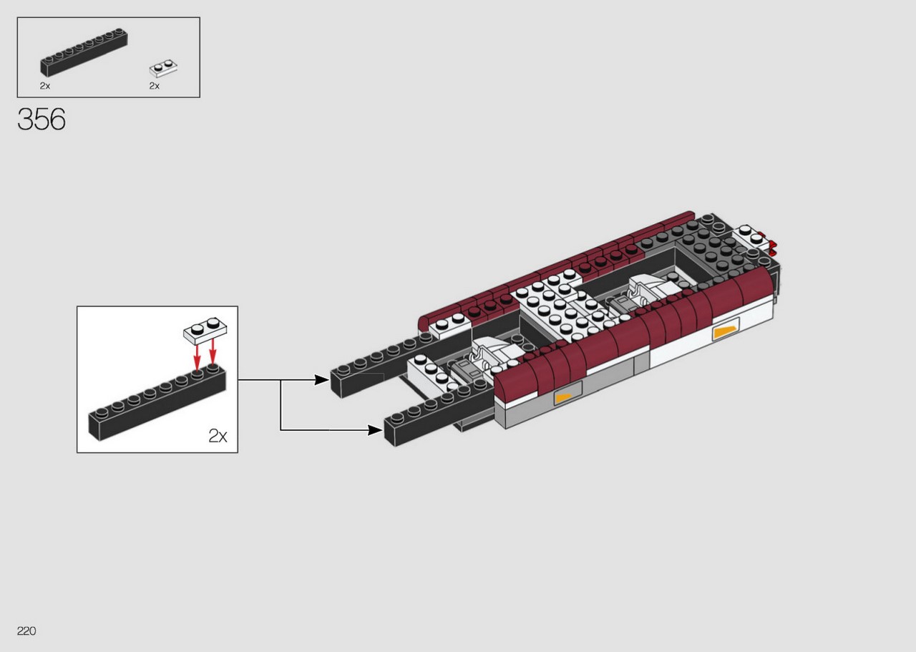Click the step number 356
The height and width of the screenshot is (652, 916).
[x=42, y=120]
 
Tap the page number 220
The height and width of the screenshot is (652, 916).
[x=26, y=631]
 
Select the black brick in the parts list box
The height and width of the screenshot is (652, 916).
[x=84, y=52]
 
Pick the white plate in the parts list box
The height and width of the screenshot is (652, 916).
[x=163, y=69]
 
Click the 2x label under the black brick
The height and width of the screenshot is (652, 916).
[x=45, y=86]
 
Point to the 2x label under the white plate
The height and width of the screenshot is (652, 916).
[x=154, y=86]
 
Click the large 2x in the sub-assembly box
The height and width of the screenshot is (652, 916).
[x=218, y=436]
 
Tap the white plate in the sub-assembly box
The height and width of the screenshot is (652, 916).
[x=205, y=330]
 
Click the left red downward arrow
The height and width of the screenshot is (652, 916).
[x=197, y=357]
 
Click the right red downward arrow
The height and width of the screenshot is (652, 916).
[x=213, y=351]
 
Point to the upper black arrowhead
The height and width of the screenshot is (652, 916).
[x=321, y=380]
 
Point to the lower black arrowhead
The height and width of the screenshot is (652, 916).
[x=375, y=430]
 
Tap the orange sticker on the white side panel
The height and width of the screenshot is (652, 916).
[x=726, y=333]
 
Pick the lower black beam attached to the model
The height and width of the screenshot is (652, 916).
[x=439, y=412]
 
